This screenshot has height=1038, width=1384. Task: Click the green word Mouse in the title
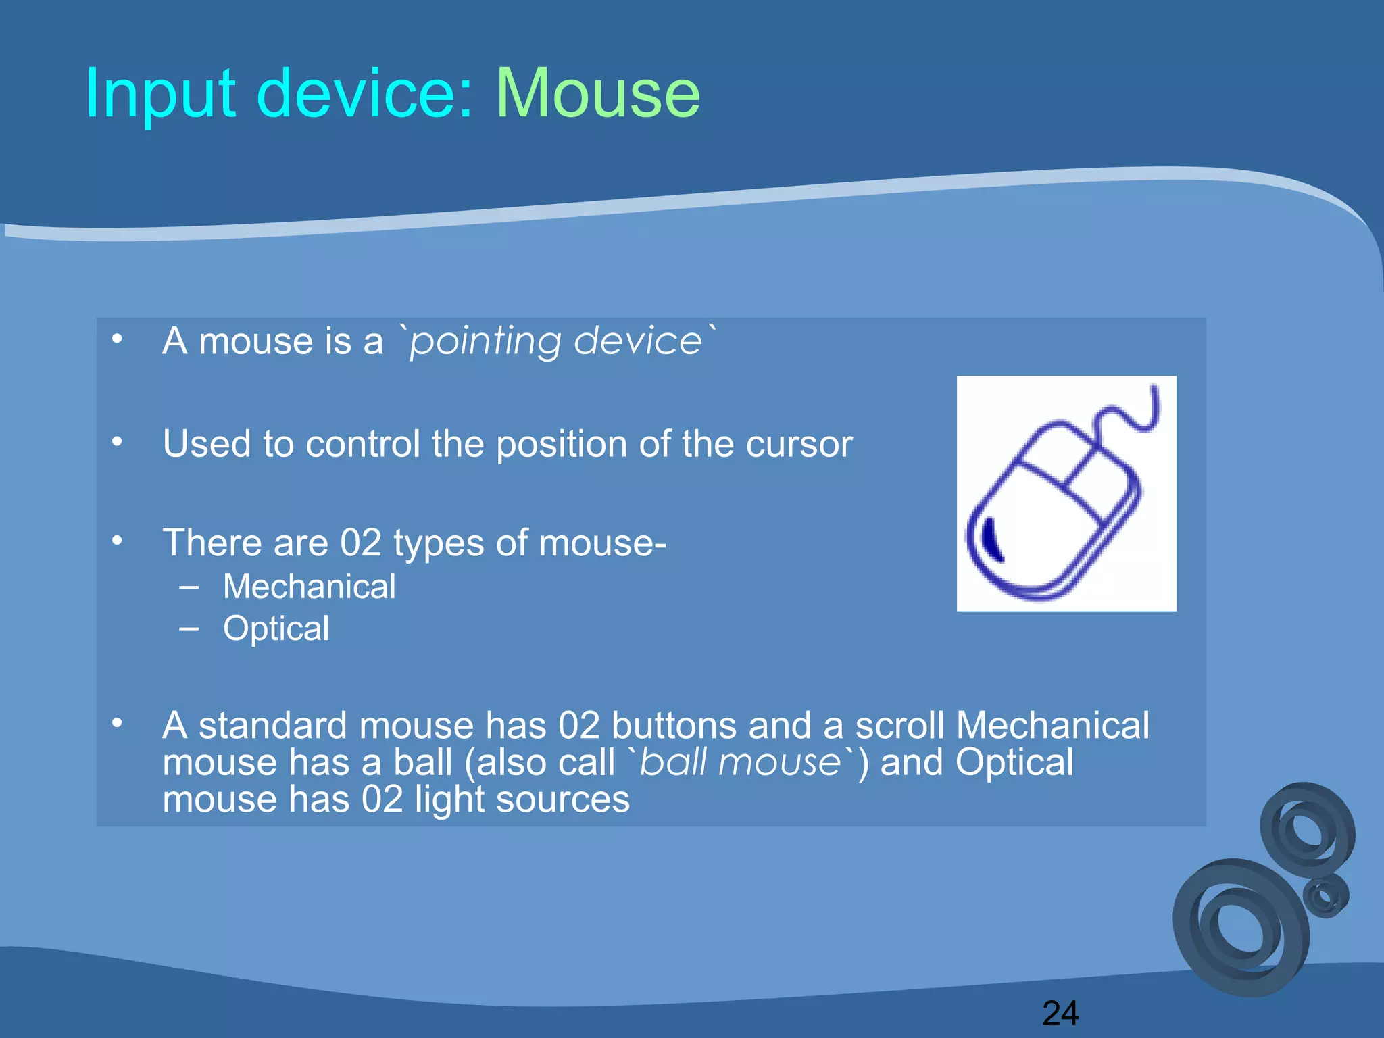coord(598,94)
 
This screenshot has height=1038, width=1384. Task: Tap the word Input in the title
coord(160,94)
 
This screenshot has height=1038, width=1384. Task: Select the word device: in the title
coord(365,94)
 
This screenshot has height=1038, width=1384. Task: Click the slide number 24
coord(1060,1013)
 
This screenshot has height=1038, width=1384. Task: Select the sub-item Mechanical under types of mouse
coord(310,587)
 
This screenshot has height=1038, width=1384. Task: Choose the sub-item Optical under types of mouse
coord(276,628)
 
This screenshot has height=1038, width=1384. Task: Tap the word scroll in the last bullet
coord(899,726)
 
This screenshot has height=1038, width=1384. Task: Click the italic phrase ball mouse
coord(740,763)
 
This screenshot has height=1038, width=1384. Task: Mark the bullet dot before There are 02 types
coord(118,541)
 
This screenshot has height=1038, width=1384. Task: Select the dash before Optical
coord(189,628)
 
